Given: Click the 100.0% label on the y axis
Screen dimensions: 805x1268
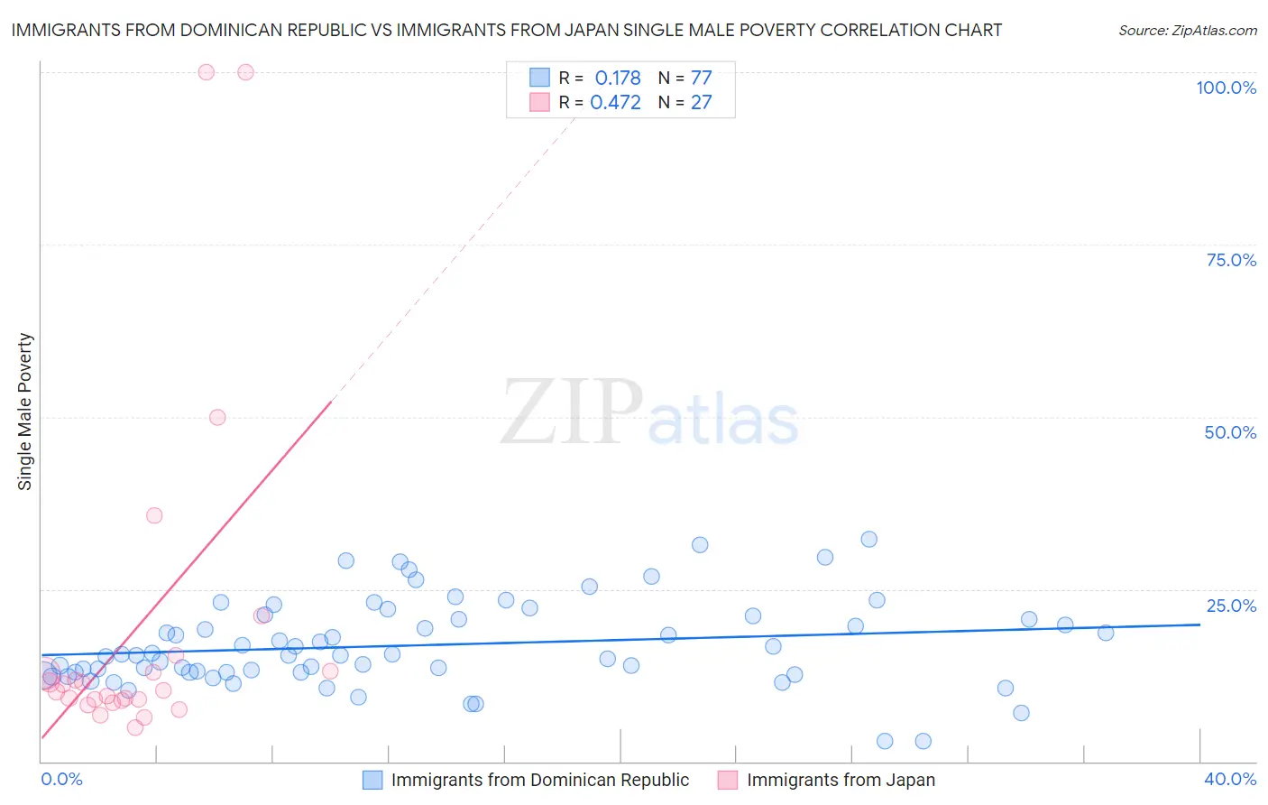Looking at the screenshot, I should pyautogui.click(x=1226, y=88).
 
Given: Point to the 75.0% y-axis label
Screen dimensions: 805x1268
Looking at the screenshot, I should pyautogui.click(x=1231, y=260).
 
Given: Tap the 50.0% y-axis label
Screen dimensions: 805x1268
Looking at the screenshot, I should pyautogui.click(x=1230, y=432).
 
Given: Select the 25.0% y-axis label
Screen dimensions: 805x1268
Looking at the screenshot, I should pyautogui.click(x=1231, y=606).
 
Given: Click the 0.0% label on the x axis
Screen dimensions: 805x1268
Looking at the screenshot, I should pyautogui.click(x=61, y=779).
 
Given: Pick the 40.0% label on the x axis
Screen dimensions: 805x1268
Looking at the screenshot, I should pyautogui.click(x=1230, y=779).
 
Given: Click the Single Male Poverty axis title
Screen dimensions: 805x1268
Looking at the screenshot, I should pyautogui.click(x=25, y=412).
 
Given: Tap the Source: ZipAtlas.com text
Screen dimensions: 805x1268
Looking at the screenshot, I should pyautogui.click(x=1187, y=31).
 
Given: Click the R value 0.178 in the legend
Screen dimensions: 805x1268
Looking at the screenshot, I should pyautogui.click(x=618, y=79).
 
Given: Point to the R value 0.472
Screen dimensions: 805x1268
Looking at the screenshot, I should pyautogui.click(x=615, y=103).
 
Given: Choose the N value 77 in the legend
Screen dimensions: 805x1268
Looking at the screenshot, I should pyautogui.click(x=701, y=79).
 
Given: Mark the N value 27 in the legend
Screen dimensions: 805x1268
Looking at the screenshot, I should pyautogui.click(x=701, y=103).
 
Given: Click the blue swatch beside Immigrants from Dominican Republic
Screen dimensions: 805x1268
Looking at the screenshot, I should pyautogui.click(x=372, y=780).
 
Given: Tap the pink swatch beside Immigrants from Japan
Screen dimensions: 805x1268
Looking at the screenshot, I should pyautogui.click(x=728, y=780).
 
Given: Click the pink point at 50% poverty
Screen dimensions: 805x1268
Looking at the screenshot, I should pyautogui.click(x=217, y=417).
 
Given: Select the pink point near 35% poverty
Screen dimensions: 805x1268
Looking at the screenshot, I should pyautogui.click(x=154, y=515).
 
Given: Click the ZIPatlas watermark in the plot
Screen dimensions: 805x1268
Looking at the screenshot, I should pyautogui.click(x=649, y=413).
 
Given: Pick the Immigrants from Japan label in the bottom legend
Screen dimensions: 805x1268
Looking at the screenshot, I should pyautogui.click(x=841, y=780).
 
